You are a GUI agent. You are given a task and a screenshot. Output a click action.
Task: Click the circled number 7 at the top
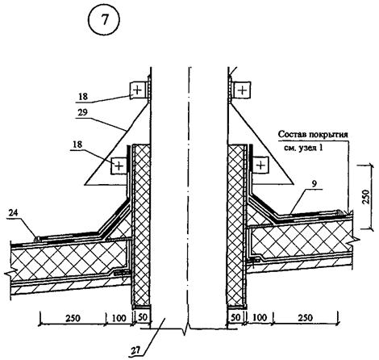104,20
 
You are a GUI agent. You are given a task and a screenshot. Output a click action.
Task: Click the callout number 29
83,112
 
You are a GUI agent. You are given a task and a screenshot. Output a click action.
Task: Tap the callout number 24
13,213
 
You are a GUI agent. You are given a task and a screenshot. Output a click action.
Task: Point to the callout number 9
314,184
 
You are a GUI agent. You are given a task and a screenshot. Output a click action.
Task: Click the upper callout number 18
83,96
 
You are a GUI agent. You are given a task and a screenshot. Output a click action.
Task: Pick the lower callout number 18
77,144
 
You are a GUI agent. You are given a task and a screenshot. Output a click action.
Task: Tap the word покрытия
328,135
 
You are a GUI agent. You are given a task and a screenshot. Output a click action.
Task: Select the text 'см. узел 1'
303,148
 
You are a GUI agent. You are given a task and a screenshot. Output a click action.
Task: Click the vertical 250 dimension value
366,196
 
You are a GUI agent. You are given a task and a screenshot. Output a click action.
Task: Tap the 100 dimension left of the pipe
119,318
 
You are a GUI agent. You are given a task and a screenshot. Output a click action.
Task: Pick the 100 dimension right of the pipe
260,317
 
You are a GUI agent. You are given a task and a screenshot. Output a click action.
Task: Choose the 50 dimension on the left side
143,317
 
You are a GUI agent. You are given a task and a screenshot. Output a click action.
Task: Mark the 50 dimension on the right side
235,317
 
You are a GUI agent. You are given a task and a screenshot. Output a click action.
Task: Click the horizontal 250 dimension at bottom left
73,318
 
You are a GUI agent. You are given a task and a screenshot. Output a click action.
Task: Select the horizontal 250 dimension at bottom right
305,318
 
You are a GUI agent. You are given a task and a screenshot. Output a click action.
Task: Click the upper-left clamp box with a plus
138,90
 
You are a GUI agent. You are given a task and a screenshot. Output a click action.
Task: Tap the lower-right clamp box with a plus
260,165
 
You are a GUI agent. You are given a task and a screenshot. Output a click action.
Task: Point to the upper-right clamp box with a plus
242,90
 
